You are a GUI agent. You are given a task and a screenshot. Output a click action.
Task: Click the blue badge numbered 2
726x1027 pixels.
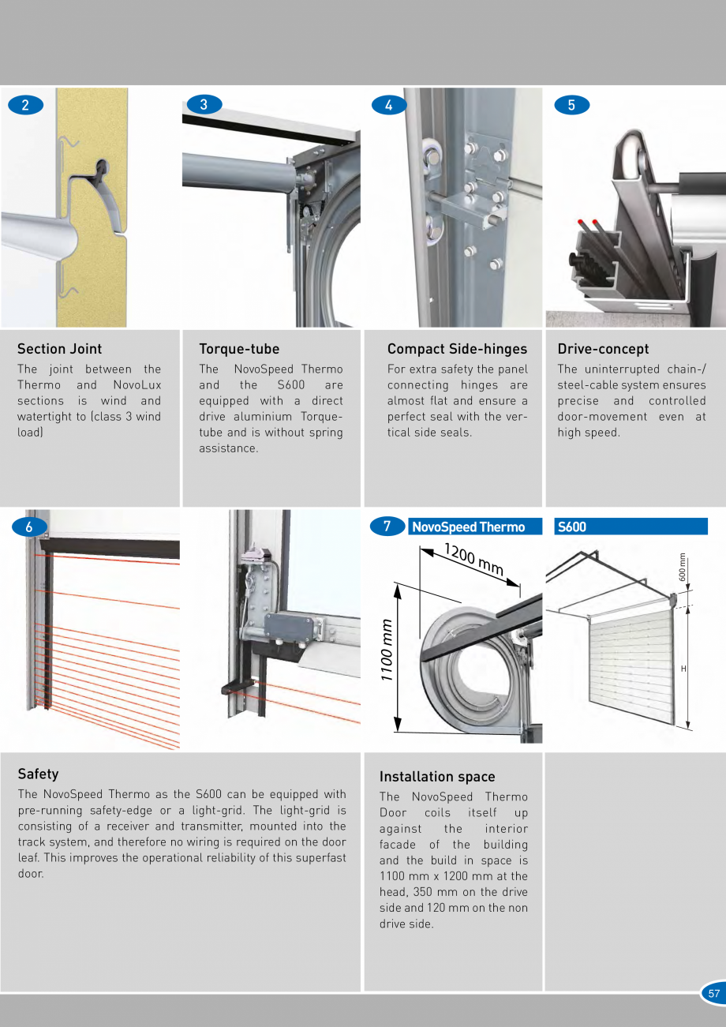coord(26,105)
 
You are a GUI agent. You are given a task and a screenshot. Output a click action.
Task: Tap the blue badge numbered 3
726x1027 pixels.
coord(204,104)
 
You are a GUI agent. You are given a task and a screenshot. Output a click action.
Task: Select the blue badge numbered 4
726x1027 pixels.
coord(388,105)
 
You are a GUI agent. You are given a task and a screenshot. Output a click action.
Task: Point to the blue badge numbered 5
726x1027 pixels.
coord(572,105)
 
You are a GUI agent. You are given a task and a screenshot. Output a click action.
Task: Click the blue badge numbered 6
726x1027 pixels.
coord(29,527)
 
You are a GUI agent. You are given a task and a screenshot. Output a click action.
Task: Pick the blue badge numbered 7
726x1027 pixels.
coord(387,526)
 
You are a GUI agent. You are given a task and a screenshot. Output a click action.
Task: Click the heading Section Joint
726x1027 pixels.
coord(60,349)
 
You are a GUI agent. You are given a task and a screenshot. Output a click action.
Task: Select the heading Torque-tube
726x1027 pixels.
coord(239,349)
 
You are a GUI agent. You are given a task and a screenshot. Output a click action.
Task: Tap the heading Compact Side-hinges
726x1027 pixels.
coord(457,349)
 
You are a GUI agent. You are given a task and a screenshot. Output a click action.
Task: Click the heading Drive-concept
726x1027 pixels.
coord(603,349)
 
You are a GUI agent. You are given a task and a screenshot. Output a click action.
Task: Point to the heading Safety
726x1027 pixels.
coord(38,774)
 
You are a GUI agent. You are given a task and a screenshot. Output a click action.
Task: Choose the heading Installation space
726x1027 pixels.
coord(437,777)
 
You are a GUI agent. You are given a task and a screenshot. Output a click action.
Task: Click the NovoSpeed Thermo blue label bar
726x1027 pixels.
coord(474,527)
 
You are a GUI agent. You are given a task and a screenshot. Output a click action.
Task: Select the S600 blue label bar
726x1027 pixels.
coord(630,527)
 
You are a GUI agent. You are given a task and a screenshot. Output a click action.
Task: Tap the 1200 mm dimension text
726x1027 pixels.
coord(473,559)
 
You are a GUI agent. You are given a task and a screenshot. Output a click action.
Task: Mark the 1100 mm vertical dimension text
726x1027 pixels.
coord(387,649)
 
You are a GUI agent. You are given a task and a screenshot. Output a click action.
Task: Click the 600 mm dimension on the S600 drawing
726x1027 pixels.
coord(683,566)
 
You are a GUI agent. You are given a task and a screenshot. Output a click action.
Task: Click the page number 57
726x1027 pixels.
coord(713,994)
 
